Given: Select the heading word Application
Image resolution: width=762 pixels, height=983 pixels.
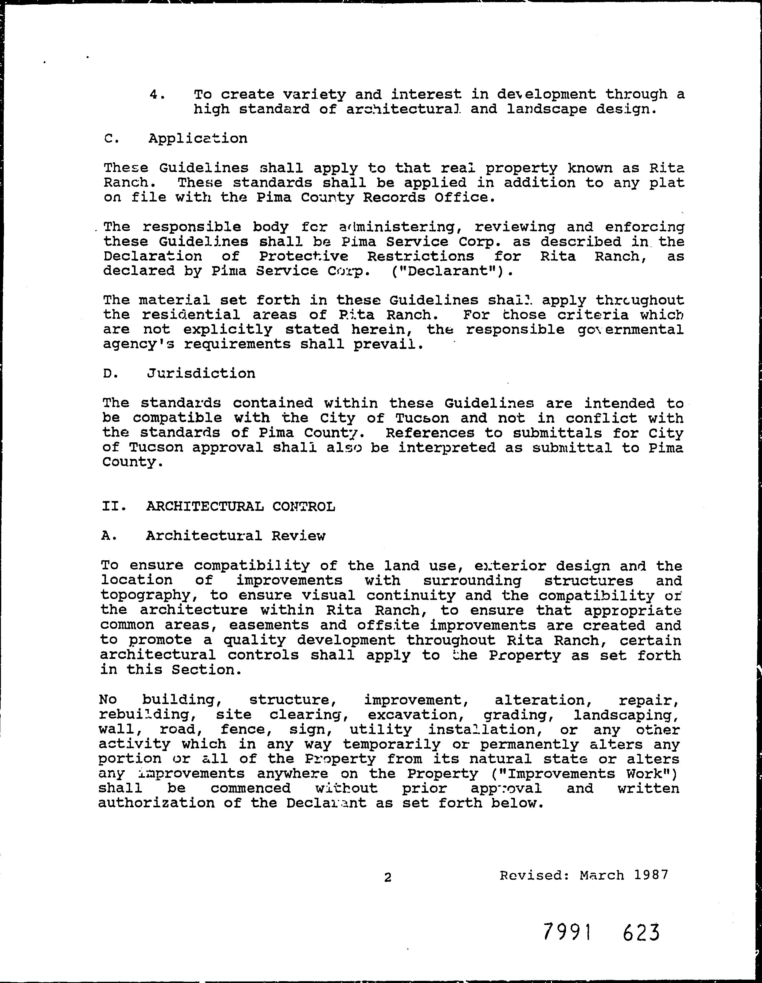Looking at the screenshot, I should pyautogui.click(x=198, y=138).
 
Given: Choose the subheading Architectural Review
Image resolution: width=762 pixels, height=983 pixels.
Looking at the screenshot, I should pyautogui.click(x=235, y=536).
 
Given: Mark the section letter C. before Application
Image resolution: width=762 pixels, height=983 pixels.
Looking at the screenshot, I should pyautogui.click(x=110, y=139).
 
